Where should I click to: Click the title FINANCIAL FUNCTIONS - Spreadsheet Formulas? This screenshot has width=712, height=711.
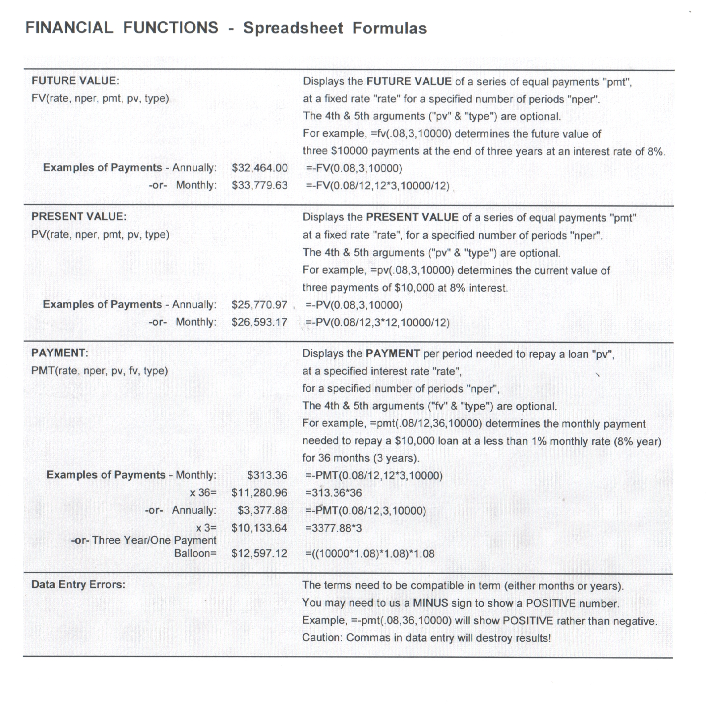pos(226,28)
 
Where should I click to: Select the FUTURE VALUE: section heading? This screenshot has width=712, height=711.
pos(75,81)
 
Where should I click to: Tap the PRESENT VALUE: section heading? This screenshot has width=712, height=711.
pos(79,216)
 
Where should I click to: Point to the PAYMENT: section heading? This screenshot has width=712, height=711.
pos(59,353)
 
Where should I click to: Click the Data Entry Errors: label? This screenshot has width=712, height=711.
pos(78,585)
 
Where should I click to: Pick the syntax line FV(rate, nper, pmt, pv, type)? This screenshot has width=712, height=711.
pos(100,98)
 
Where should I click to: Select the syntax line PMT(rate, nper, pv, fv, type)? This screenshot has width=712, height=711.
pos(99,371)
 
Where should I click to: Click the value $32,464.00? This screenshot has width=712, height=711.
pos(259,168)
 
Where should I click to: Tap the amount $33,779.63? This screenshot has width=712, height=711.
pos(259,186)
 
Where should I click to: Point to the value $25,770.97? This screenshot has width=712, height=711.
pos(259,305)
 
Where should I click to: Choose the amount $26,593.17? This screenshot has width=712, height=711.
pos(259,323)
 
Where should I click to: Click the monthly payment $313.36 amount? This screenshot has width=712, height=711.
pos(267,475)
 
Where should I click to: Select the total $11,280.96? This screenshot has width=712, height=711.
pos(259,493)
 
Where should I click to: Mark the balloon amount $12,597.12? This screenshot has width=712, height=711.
pos(259,554)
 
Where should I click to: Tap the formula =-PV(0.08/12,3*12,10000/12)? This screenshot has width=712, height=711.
pos(378,323)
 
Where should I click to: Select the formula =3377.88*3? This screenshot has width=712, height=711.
pos(333,528)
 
